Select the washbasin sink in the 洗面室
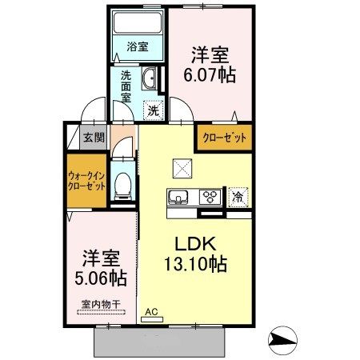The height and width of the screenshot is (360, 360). pyautogui.click(x=150, y=78)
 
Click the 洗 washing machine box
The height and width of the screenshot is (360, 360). pyautogui.click(x=152, y=110)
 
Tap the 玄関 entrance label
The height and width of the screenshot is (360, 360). pyautogui.click(x=94, y=138)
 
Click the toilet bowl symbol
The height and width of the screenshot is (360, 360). pyautogui.click(x=122, y=186)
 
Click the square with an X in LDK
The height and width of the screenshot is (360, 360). pyautogui.click(x=181, y=169)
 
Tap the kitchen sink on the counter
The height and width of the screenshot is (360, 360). pyautogui.click(x=178, y=197)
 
